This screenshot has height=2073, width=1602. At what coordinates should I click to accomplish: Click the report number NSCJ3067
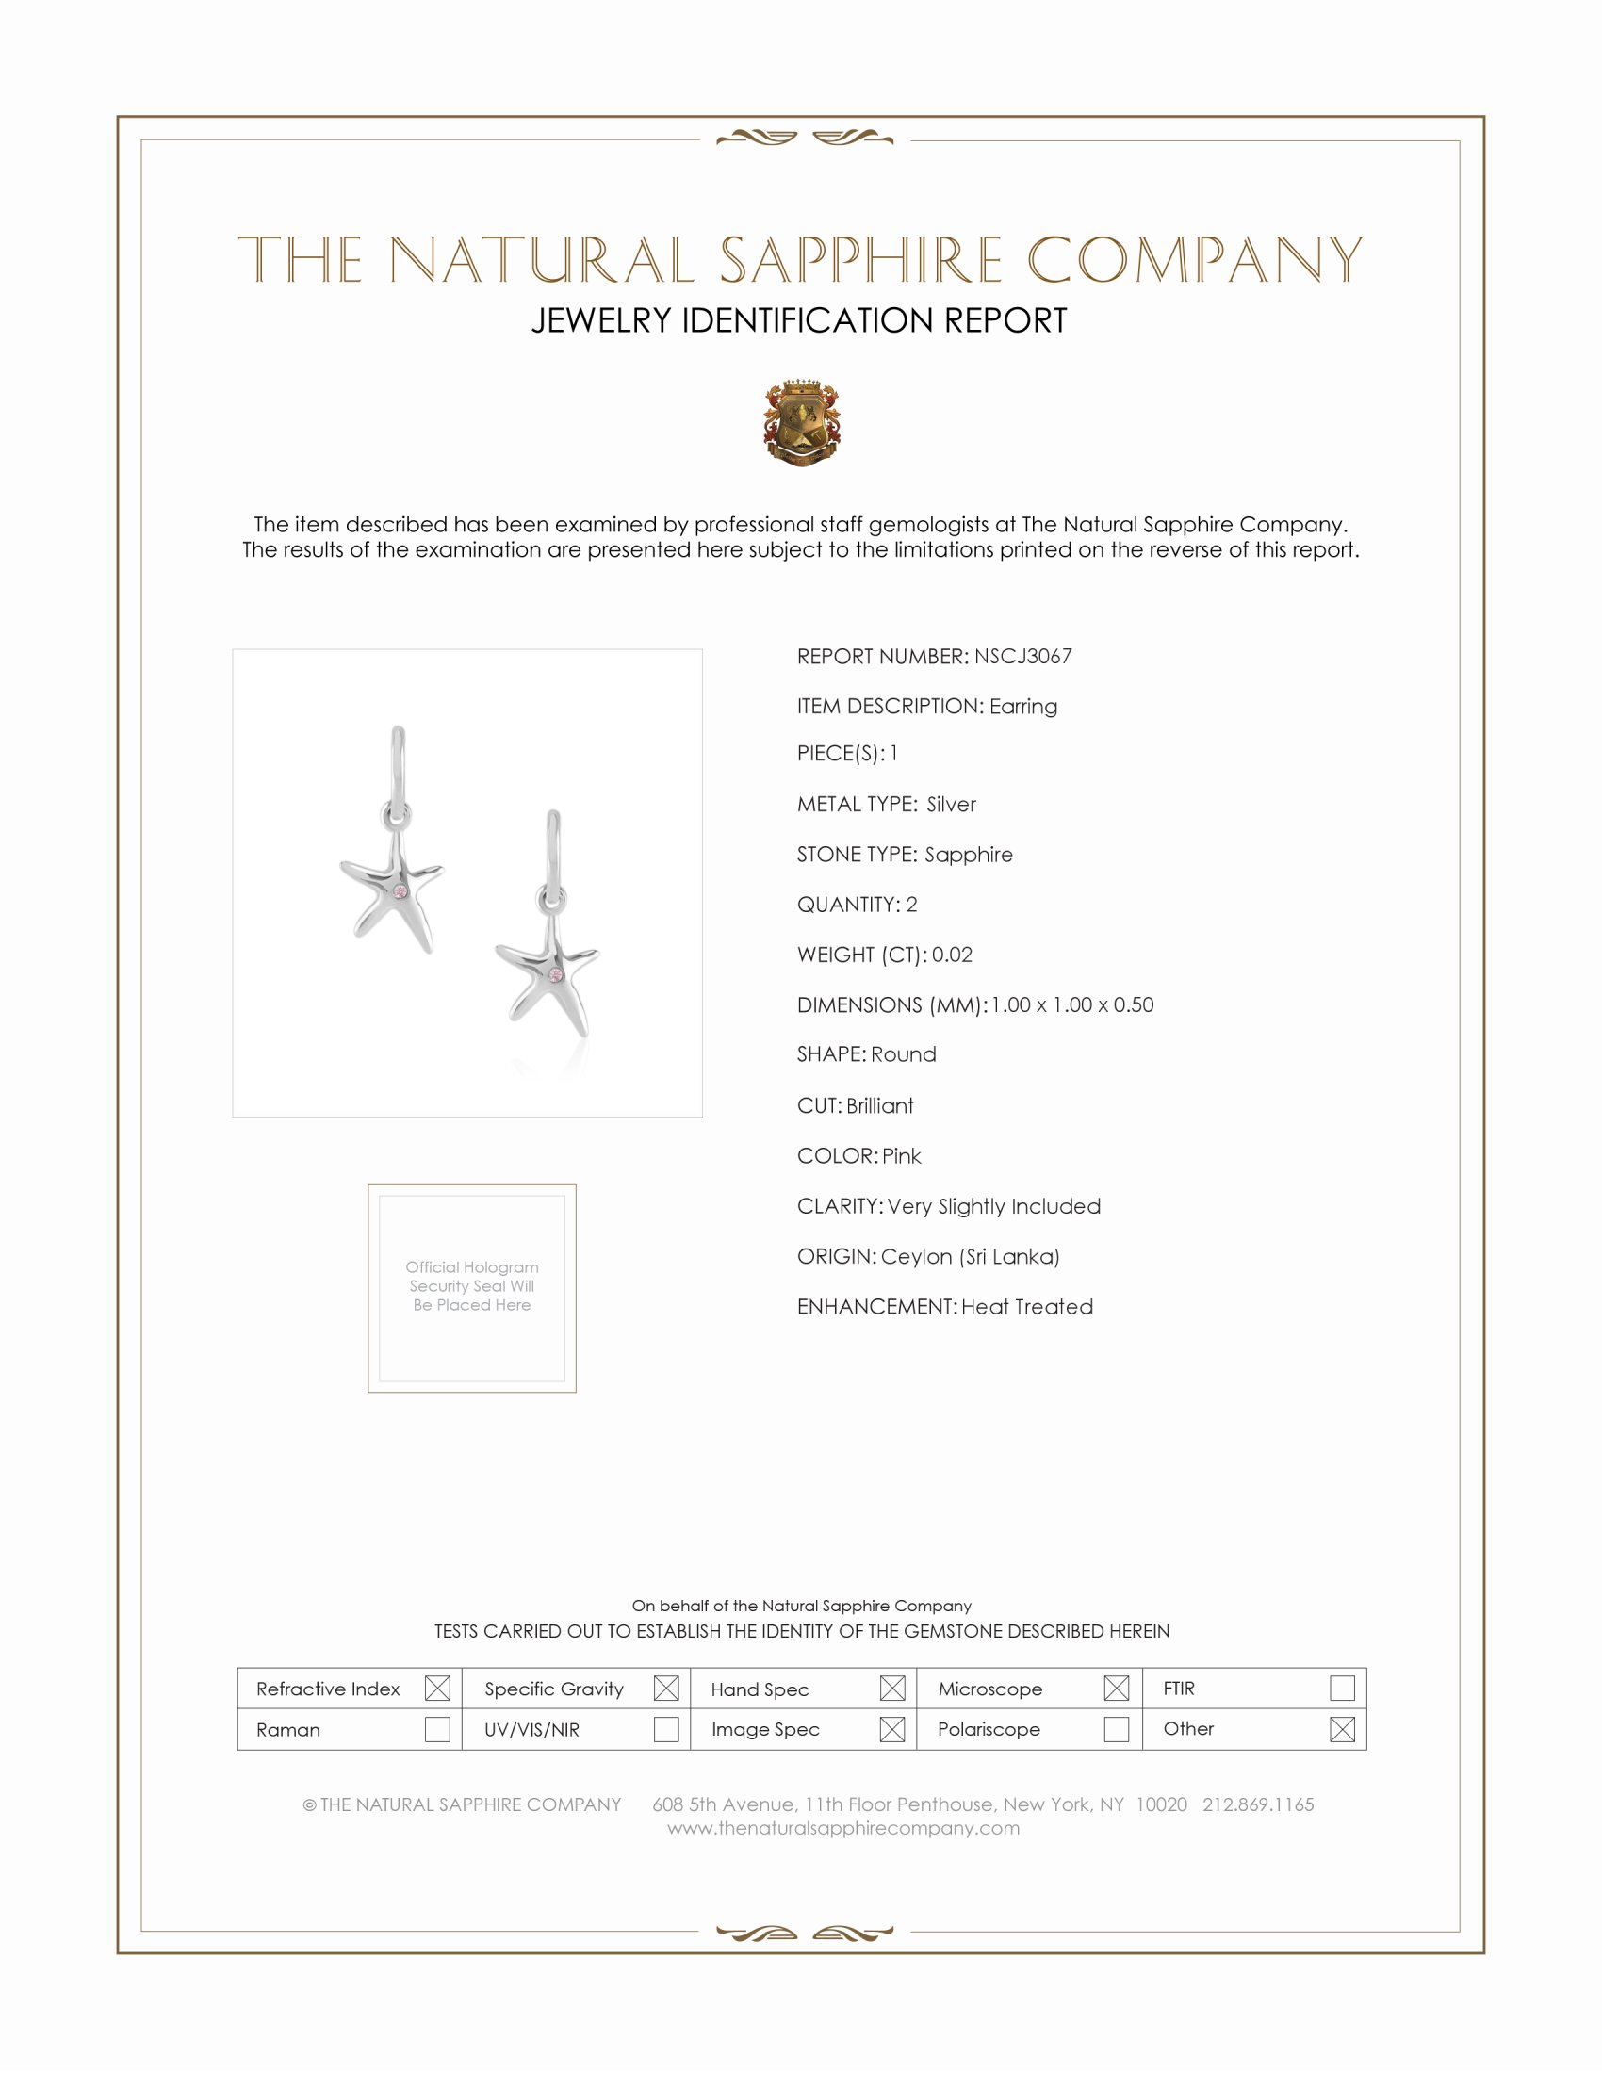[1022, 657]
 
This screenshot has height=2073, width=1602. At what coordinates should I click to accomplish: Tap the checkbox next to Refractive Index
[437, 1689]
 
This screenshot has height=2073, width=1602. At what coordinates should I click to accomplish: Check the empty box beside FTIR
[1342, 1689]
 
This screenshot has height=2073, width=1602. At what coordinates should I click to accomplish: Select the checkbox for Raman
[437, 1729]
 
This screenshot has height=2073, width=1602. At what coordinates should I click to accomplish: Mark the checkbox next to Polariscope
[1116, 1729]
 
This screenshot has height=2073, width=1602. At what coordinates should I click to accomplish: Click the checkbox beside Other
[1342, 1729]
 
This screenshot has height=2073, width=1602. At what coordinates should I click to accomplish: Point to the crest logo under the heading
[802, 423]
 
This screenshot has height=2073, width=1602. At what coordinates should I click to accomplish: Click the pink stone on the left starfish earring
[400, 892]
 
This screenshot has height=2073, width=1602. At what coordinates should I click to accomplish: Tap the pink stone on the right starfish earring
[556, 975]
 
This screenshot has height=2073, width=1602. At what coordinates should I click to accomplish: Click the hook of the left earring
[398, 759]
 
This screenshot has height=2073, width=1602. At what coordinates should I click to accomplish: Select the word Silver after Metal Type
[951, 805]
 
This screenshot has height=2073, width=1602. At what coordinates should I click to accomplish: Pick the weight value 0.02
[952, 955]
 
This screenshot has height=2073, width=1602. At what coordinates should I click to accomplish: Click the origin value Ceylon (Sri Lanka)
[970, 1257]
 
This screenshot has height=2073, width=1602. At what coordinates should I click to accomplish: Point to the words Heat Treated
[1027, 1307]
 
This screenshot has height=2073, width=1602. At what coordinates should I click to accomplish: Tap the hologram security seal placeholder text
[472, 1286]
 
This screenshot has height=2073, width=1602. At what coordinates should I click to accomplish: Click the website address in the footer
[842, 1828]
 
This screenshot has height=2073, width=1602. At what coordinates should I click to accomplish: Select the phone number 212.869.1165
[1257, 1804]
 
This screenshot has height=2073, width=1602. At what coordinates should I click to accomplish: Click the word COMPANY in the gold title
[1194, 260]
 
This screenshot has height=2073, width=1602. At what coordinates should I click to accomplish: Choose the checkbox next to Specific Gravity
[666, 1689]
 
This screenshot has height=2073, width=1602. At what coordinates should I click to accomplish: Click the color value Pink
[902, 1156]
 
